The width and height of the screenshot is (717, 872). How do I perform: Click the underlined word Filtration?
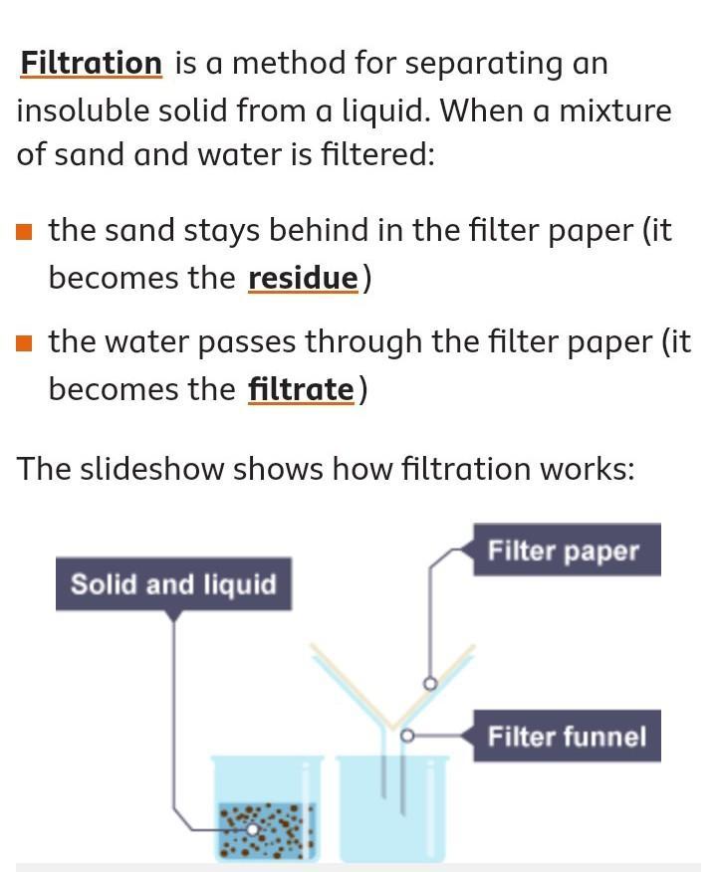click(x=91, y=64)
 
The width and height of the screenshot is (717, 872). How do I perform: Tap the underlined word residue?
click(x=302, y=278)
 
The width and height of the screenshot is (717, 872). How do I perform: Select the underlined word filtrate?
click(x=301, y=389)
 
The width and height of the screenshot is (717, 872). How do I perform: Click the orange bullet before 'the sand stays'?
click(x=25, y=232)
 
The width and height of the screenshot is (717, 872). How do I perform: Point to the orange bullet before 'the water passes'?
click(x=25, y=343)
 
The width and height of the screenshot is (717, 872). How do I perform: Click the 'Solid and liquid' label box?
click(x=173, y=583)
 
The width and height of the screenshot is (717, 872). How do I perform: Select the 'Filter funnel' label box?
click(x=566, y=737)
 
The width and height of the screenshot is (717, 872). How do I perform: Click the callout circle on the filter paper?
click(x=430, y=684)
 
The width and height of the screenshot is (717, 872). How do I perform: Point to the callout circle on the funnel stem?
click(x=406, y=736)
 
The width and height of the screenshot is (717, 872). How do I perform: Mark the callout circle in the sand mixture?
click(x=253, y=828)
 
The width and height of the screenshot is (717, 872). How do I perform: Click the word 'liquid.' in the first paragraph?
click(x=375, y=111)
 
